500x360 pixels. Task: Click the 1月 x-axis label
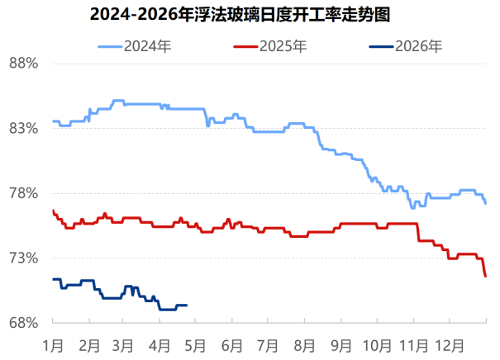click(54, 344)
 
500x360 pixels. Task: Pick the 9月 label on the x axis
click(340, 344)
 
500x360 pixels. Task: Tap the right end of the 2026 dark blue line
click(187, 306)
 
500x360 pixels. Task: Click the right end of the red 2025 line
click(486, 276)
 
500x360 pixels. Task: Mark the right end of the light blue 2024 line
click(486, 203)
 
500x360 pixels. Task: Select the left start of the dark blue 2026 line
click(53, 279)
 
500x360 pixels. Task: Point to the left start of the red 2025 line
click(53, 211)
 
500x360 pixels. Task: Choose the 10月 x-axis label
click(376, 344)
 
